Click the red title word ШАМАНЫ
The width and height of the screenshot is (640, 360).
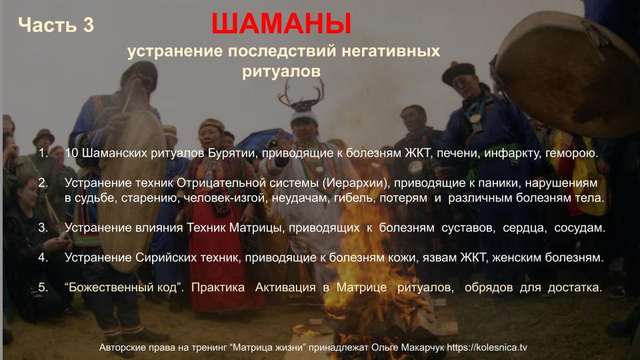(x=281, y=24)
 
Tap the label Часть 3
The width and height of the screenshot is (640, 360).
(x=56, y=25)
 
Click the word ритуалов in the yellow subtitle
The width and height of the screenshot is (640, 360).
(x=281, y=71)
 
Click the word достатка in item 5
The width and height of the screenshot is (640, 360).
(x=575, y=287)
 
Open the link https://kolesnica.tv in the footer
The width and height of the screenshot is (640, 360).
(x=487, y=348)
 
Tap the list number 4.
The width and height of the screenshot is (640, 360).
(x=43, y=257)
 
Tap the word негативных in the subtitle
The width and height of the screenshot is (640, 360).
(x=391, y=51)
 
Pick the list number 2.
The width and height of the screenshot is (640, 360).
(x=43, y=183)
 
